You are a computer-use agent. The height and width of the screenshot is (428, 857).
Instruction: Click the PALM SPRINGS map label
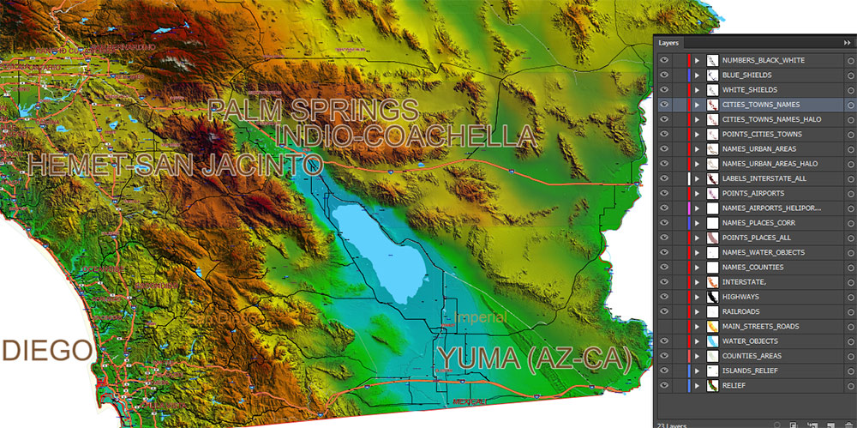(x=313, y=110)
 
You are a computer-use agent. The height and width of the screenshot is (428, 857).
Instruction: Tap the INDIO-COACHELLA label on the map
(x=406, y=136)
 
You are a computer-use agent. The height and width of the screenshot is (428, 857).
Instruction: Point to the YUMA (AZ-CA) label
(x=534, y=359)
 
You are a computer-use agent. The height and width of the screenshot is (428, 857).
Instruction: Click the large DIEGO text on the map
(x=46, y=351)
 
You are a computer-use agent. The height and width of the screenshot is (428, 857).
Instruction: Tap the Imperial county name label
(x=480, y=318)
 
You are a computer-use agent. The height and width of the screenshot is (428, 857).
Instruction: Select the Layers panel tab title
(x=669, y=42)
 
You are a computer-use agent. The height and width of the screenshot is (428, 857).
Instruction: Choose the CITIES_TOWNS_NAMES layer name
(x=760, y=105)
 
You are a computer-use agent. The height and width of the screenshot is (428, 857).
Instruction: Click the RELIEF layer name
(x=734, y=386)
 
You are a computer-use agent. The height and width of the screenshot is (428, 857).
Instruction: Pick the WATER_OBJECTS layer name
(x=750, y=341)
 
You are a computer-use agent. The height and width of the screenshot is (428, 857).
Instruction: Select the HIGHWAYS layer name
(x=740, y=297)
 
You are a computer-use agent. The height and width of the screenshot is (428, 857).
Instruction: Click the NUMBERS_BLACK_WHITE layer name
(x=763, y=60)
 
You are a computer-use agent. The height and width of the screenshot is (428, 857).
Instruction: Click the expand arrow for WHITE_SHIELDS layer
(x=697, y=90)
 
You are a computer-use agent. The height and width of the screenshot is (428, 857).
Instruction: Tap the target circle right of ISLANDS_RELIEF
(x=848, y=371)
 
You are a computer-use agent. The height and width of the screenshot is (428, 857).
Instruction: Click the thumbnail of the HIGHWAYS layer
(x=711, y=297)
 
